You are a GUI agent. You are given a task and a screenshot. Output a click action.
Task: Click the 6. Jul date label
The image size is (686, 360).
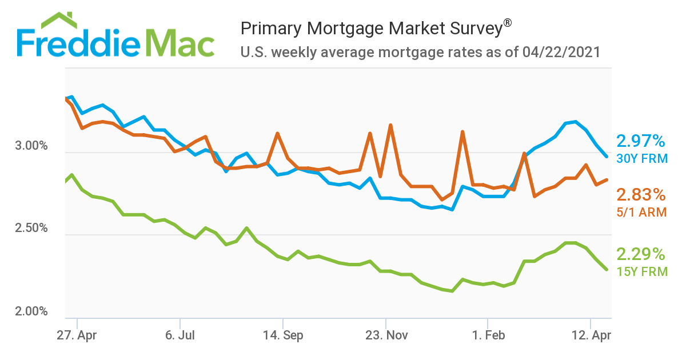pos(180,335)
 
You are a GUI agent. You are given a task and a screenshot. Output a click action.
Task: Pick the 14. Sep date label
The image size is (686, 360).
pos(282,335)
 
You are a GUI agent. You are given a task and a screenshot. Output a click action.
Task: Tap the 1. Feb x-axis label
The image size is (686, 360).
pos(488,335)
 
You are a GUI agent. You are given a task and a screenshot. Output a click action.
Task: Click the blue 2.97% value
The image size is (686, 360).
pos(641,141)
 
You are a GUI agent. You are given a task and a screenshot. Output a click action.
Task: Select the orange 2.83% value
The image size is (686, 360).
pos(641,195)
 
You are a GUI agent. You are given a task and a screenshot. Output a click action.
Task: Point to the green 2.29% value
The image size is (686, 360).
pos(641,254)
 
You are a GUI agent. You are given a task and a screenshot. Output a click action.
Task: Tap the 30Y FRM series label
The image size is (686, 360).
pos(641,158)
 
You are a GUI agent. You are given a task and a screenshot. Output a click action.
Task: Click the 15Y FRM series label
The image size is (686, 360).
pos(641,271)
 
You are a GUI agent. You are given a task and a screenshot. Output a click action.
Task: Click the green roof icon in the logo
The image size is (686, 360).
pos(59,20)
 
